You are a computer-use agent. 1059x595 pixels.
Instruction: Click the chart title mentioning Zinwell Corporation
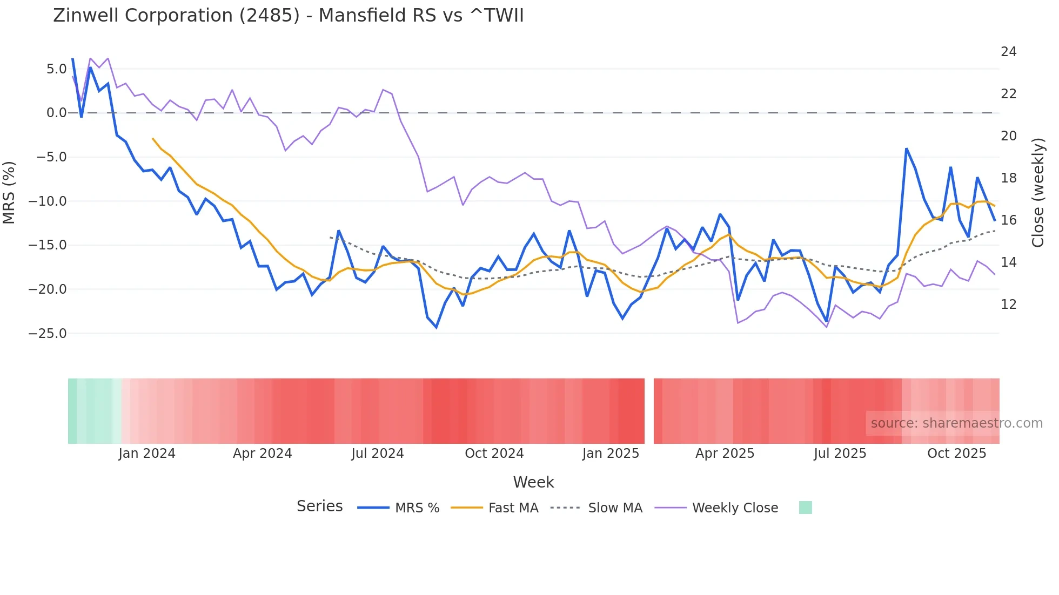[288, 16]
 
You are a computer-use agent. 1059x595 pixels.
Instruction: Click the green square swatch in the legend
[805, 508]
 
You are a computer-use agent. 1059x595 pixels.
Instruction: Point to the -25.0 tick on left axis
[48, 334]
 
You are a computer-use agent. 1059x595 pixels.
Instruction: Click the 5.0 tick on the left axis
[56, 69]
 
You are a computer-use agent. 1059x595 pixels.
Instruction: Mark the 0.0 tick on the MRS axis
[56, 113]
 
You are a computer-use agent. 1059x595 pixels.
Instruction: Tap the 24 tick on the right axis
[1008, 52]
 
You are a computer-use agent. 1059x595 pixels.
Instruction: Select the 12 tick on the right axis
[1008, 305]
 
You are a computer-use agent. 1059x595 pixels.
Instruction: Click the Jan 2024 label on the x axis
[147, 454]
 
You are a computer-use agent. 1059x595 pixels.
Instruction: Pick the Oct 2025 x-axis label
[956, 454]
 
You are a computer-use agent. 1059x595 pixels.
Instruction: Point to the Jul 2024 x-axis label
[378, 454]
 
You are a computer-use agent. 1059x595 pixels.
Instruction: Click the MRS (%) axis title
[9, 193]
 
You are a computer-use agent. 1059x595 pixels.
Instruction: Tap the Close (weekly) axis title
[1037, 193]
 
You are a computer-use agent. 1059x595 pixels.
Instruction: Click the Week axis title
[533, 482]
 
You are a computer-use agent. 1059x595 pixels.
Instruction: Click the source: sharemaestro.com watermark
[956, 423]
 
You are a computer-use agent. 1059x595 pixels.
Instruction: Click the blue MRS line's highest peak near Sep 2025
[907, 148]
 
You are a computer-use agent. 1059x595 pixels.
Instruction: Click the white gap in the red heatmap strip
[649, 411]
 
